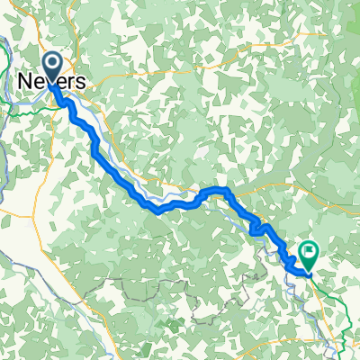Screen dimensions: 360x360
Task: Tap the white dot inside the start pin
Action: tap(52, 62)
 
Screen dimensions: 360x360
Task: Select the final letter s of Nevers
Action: tap(82, 82)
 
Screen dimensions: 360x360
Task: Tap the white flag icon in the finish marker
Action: tap(310, 252)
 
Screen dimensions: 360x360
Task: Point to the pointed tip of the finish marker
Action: tap(309, 271)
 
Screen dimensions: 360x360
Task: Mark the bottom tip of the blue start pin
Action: tap(52, 83)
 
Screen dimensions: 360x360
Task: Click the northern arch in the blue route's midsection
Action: tap(218, 191)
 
